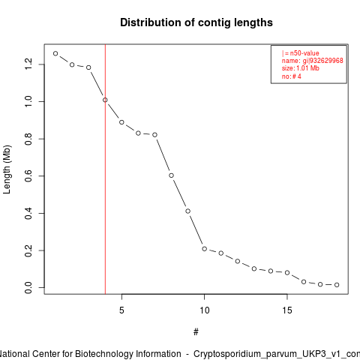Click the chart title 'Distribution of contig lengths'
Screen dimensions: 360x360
[196, 22]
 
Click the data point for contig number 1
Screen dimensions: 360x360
[55, 53]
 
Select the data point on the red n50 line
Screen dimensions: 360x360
[105, 100]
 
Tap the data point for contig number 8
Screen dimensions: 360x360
[171, 175]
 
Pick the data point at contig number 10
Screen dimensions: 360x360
[205, 249]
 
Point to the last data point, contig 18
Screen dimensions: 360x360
[337, 285]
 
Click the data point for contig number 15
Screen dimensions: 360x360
[287, 272]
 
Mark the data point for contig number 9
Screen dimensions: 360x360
[188, 211]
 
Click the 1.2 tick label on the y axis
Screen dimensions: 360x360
[28, 64]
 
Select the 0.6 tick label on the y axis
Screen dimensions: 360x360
[28, 176]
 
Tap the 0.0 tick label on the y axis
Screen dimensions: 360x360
[28, 287]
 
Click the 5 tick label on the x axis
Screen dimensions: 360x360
[121, 310]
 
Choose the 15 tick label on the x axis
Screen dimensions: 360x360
[287, 310]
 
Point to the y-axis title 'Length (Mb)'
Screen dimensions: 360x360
[7, 169]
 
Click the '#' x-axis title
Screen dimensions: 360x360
[196, 332]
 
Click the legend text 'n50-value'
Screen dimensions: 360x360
[304, 53]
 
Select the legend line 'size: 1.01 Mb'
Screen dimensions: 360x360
[301, 68]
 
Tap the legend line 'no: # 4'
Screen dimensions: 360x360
[292, 76]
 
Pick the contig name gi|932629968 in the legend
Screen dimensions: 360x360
[323, 61]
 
